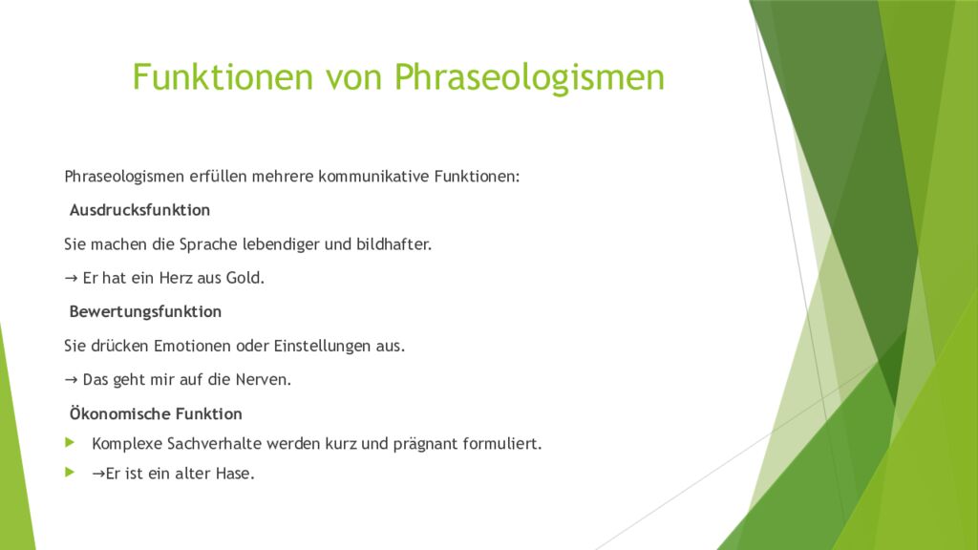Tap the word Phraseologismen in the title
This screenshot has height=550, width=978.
tap(529, 77)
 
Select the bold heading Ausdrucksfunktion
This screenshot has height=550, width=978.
tap(139, 209)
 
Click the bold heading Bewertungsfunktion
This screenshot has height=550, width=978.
tap(145, 311)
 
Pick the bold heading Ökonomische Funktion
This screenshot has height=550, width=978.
tap(156, 414)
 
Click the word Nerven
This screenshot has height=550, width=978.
tap(265, 380)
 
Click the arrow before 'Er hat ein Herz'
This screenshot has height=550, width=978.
tap(71, 278)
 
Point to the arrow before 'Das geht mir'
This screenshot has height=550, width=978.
tap(71, 380)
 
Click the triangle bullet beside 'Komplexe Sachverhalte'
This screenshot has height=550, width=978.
tap(69, 443)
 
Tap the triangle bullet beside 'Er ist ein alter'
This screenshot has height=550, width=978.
tap(69, 472)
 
